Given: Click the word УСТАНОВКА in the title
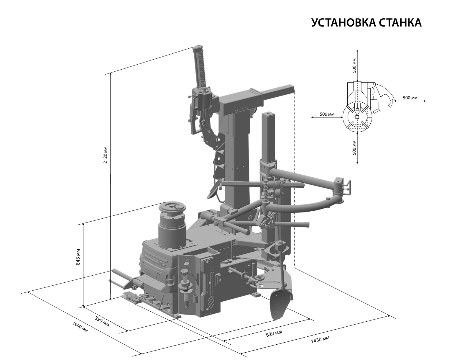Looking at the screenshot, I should click(x=343, y=23).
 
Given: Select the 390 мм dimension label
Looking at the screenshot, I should click(x=102, y=321).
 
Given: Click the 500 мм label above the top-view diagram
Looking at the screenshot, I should click(x=354, y=65).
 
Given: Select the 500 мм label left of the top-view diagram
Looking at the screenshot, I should click(x=327, y=114).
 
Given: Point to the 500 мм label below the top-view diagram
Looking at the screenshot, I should click(x=354, y=148).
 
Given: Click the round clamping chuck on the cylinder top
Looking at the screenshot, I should click(x=172, y=208).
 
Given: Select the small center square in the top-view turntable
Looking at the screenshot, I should click(x=357, y=117).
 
